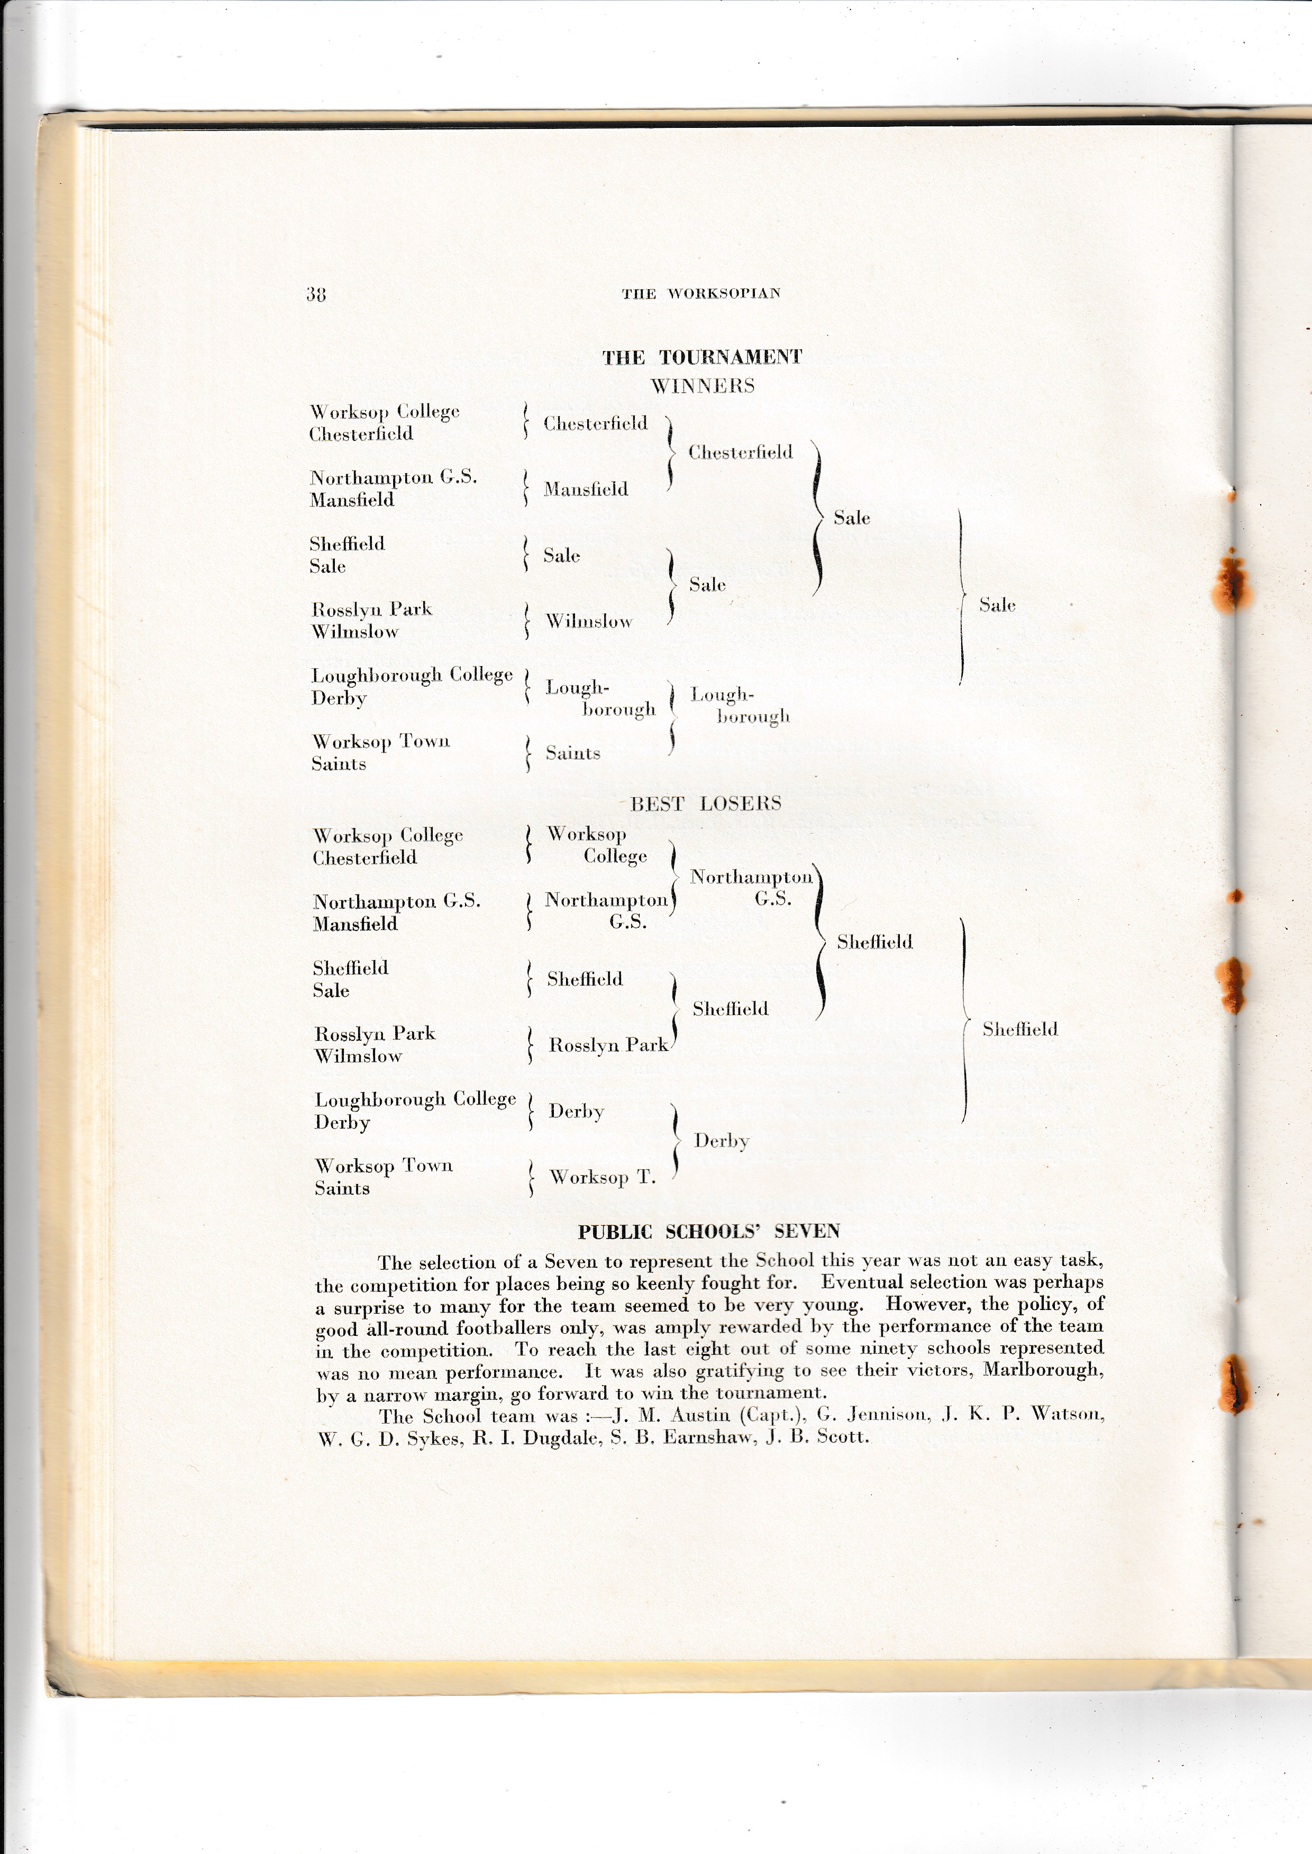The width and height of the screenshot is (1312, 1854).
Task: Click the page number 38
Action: [x=315, y=294]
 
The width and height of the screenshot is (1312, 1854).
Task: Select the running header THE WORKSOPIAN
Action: [x=700, y=294]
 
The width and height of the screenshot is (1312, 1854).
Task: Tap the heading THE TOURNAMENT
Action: [x=701, y=358]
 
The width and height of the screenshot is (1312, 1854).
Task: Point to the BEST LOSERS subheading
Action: [x=705, y=804]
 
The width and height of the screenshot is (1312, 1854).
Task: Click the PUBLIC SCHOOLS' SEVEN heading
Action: [x=708, y=1231]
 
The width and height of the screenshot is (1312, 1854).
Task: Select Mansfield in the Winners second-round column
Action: [x=586, y=488]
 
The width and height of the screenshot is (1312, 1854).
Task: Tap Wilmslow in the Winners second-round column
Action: [x=589, y=621]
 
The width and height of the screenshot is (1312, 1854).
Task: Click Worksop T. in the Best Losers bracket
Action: [x=603, y=1177]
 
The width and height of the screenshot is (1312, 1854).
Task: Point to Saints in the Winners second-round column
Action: [x=573, y=753]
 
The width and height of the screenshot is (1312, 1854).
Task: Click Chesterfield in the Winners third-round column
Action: [x=740, y=452]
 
